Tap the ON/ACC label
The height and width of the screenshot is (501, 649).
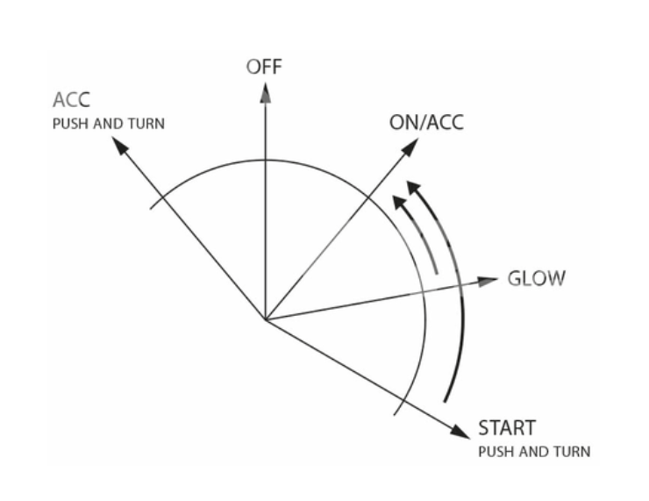[x=425, y=123]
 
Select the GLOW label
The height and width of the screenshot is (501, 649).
[x=537, y=279]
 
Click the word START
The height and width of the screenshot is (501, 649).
[x=506, y=429]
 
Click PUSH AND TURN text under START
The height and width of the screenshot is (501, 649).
[x=533, y=452]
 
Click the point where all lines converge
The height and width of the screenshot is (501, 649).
[x=264, y=319]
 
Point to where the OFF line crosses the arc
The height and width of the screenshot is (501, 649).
[x=264, y=160]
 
